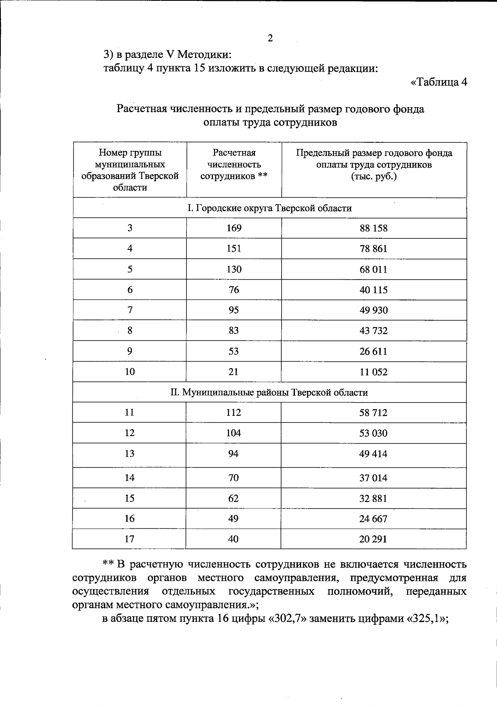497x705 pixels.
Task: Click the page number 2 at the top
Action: (x=270, y=38)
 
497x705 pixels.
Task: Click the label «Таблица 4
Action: (x=439, y=82)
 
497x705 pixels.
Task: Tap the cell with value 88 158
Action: (x=374, y=228)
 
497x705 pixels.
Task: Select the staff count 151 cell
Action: (x=234, y=249)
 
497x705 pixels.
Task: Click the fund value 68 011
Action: (x=374, y=269)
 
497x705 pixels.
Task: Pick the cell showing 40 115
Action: (x=374, y=290)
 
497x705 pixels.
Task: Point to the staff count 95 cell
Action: (x=234, y=310)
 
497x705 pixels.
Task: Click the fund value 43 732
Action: (x=374, y=331)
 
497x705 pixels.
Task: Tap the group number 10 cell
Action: (x=130, y=372)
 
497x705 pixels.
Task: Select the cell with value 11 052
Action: (x=374, y=372)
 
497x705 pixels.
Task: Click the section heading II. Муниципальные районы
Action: (x=269, y=392)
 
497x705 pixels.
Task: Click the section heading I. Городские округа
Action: (x=269, y=208)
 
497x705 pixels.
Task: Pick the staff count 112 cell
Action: (x=234, y=412)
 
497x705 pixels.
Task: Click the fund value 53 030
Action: (x=374, y=433)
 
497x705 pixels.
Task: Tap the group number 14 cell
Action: (x=130, y=478)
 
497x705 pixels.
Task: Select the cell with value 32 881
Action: (x=374, y=499)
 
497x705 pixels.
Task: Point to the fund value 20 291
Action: (x=374, y=539)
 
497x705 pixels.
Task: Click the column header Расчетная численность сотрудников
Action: (x=234, y=165)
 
